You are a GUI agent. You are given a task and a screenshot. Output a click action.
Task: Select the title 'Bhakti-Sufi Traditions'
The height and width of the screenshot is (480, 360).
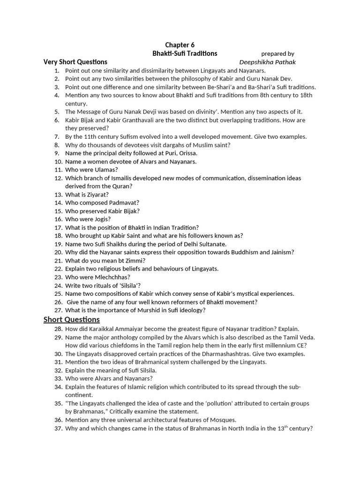tap(185, 53)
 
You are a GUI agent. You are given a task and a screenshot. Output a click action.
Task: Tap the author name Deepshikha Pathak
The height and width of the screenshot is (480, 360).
tap(267, 62)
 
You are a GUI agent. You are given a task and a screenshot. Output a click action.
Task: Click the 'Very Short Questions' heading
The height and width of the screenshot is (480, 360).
tap(75, 62)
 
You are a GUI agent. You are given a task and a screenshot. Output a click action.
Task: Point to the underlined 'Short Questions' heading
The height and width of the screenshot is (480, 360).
tap(72, 320)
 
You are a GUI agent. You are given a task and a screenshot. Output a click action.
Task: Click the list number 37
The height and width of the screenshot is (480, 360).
tap(58, 428)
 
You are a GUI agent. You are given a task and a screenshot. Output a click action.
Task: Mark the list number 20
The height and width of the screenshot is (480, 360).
tap(58, 252)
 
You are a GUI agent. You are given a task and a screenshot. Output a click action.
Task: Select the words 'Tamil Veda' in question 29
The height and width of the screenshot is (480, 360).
tap(298, 337)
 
